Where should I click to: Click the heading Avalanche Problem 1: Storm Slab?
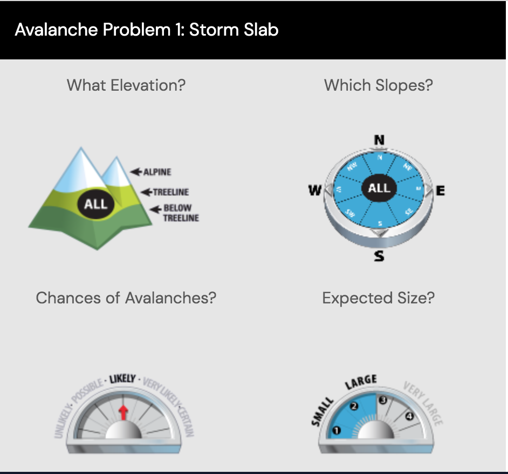(x=147, y=29)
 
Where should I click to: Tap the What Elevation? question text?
(x=126, y=85)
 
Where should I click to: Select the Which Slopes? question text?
(x=378, y=85)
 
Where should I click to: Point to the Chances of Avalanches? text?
(x=126, y=298)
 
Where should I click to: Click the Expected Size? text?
(x=378, y=298)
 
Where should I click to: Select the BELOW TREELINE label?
(x=179, y=213)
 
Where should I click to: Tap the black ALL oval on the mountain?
(x=96, y=204)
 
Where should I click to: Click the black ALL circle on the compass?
(x=379, y=188)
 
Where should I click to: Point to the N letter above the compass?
(x=379, y=140)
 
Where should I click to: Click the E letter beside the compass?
(x=440, y=191)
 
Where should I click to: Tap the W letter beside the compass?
(x=314, y=191)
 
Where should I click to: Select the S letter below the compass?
(x=379, y=256)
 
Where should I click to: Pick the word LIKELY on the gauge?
(x=122, y=378)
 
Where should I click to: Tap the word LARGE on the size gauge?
(x=360, y=381)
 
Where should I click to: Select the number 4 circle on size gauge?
(x=409, y=416)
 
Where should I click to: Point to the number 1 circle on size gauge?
(x=338, y=430)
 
